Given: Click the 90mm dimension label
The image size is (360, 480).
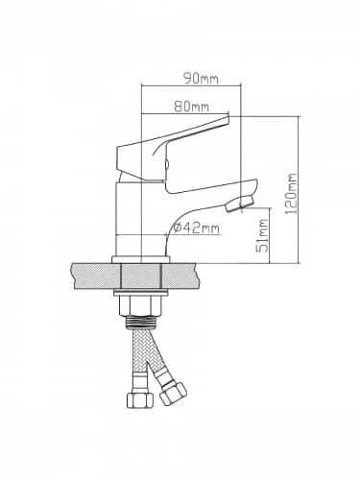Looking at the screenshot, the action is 201,79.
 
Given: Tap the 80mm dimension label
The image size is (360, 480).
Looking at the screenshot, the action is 192,107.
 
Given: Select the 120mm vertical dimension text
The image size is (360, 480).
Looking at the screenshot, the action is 292,194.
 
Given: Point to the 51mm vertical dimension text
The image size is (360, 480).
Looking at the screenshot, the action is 263,235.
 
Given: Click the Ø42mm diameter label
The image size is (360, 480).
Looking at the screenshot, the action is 197,228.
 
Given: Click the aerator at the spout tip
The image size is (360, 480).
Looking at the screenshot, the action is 240,204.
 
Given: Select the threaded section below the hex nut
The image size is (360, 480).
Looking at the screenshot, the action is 141,322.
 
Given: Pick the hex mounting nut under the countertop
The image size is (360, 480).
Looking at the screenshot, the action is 141,305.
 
